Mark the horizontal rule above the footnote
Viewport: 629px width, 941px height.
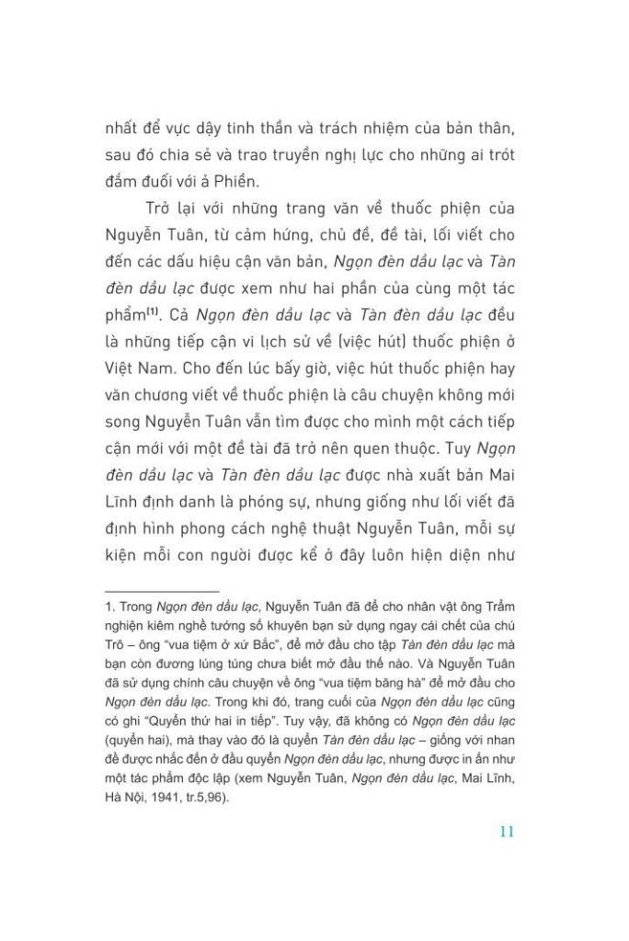[x=163, y=592]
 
